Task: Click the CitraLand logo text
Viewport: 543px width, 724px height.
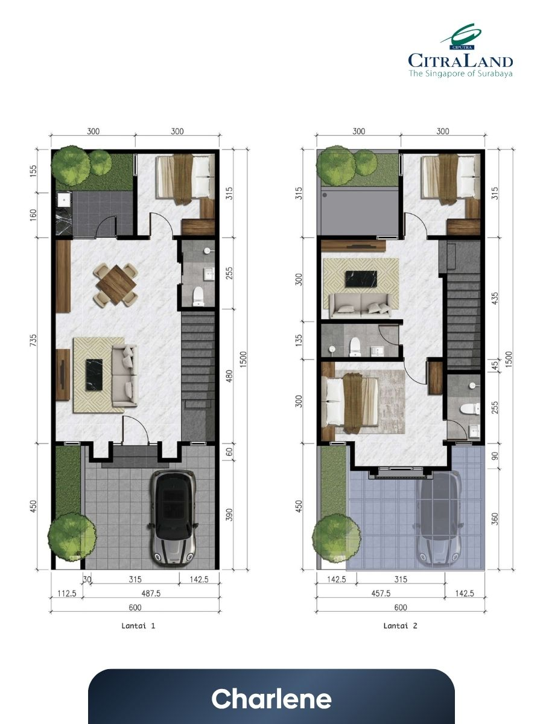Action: tap(460, 61)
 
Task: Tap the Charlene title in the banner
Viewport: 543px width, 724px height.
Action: tap(271, 699)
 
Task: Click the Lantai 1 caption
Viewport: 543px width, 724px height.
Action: tap(138, 626)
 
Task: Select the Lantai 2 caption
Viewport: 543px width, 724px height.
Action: tap(400, 626)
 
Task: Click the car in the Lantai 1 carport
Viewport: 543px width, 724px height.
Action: tap(174, 518)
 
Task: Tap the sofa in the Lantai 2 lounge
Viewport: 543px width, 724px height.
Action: tap(360, 305)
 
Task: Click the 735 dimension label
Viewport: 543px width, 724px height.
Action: tap(33, 340)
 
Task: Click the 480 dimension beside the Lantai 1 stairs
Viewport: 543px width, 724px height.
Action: tap(229, 376)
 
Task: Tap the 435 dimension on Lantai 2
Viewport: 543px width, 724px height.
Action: tap(495, 298)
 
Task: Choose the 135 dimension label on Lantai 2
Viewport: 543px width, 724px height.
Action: tap(299, 340)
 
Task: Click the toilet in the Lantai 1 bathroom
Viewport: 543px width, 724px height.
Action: tap(198, 296)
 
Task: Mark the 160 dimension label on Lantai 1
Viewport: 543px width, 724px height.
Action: tap(33, 215)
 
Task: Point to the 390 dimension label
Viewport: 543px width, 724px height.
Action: tap(229, 515)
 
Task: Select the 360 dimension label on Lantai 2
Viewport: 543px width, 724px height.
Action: tap(495, 519)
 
